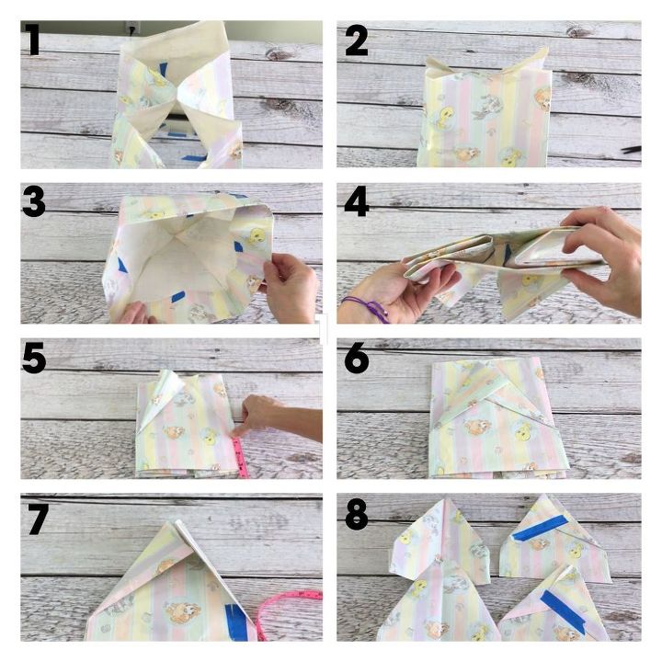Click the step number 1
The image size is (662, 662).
click(x=32, y=40)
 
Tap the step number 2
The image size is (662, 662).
click(x=356, y=40)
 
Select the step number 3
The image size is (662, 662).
click(x=34, y=201)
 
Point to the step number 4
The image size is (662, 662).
click(x=357, y=201)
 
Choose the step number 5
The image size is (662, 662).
click(x=34, y=358)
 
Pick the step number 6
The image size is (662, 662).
click(x=357, y=358)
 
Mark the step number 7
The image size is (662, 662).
click(x=37, y=519)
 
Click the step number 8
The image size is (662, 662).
click(x=357, y=515)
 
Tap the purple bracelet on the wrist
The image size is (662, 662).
click(x=367, y=307)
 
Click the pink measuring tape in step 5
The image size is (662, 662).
click(x=240, y=457)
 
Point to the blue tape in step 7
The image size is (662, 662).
click(x=236, y=622)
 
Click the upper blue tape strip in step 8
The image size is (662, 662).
click(x=539, y=528)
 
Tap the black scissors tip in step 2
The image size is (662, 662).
click(x=631, y=150)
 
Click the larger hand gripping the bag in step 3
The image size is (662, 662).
click(x=289, y=286)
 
